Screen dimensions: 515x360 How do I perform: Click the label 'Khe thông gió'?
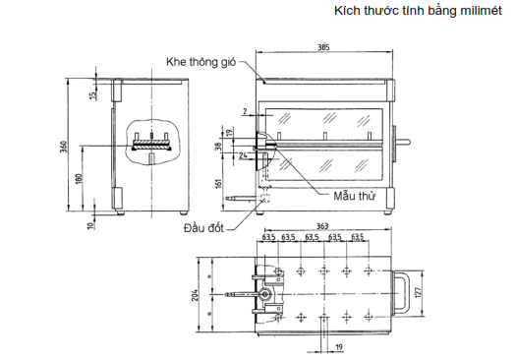pyautogui.click(x=200, y=62)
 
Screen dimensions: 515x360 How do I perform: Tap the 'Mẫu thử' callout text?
pyautogui.click(x=354, y=197)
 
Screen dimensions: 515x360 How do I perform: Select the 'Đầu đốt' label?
pyautogui.click(x=203, y=228)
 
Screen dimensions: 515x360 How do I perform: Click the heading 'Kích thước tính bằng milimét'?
pyautogui.click(x=418, y=11)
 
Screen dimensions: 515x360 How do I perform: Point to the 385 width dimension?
pyautogui.click(x=323, y=47)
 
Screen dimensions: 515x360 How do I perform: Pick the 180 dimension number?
pyautogui.click(x=79, y=178)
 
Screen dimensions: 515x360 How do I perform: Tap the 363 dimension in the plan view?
pyautogui.click(x=322, y=226)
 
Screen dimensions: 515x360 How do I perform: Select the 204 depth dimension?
pyautogui.click(x=195, y=295)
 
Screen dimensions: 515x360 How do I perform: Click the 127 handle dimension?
pyautogui.click(x=418, y=292)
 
